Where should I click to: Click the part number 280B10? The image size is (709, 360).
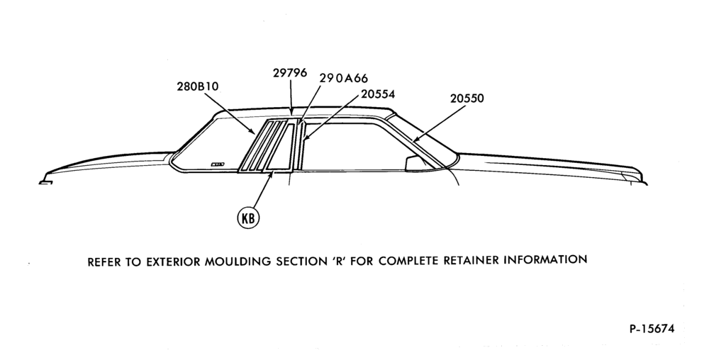click(x=198, y=86)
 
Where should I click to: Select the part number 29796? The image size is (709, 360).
click(x=290, y=73)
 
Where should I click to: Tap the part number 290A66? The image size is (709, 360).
click(x=344, y=79)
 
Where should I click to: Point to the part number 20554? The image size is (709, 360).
click(x=378, y=94)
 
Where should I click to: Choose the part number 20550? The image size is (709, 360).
click(x=467, y=99)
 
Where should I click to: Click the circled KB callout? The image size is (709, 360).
click(x=249, y=218)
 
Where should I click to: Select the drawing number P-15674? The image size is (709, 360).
click(x=652, y=328)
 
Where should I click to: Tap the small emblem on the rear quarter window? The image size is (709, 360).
click(x=218, y=164)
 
